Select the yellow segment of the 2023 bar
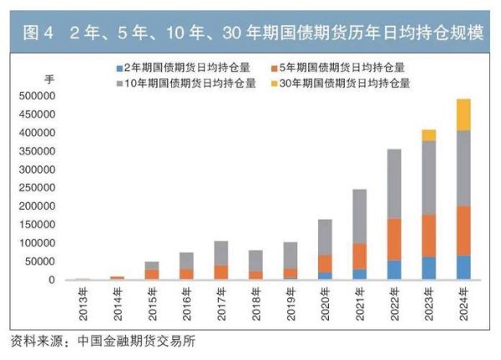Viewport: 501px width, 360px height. [428, 135]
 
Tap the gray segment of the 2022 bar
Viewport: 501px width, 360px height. [394, 184]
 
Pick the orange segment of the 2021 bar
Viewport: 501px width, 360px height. [359, 256]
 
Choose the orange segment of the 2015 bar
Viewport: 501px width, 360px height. [151, 274]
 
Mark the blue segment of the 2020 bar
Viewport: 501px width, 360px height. [325, 276]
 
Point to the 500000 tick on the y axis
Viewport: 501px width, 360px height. [36, 96]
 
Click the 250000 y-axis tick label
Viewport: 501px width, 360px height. [36, 188]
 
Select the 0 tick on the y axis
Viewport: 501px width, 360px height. [51, 280]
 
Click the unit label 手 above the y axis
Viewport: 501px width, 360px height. [48, 79]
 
